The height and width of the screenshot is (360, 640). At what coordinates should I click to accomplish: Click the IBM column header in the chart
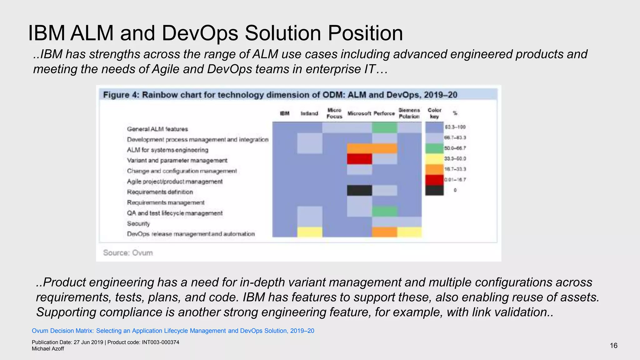click(284, 113)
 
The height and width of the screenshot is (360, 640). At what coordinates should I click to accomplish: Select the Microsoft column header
click(359, 113)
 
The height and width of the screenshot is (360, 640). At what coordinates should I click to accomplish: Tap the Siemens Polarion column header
click(409, 113)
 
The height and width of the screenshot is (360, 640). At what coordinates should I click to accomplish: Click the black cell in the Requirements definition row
click(359, 190)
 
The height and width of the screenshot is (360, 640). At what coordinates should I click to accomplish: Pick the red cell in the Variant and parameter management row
click(359, 159)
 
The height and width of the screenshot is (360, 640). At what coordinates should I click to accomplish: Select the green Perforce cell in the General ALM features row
click(384, 127)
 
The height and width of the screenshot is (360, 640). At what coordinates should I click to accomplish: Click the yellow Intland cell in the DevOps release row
click(309, 232)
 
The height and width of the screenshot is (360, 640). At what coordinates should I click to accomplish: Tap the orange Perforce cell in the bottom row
click(384, 232)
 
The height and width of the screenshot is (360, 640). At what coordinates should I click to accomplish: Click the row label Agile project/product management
click(175, 182)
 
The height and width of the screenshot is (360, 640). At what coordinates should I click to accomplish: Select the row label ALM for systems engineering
click(167, 150)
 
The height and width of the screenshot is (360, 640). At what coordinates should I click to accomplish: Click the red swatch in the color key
click(434, 180)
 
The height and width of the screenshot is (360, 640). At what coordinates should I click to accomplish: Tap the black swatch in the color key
click(434, 190)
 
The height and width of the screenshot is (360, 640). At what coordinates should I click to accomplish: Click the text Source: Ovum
click(128, 253)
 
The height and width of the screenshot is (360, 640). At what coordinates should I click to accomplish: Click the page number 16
click(613, 346)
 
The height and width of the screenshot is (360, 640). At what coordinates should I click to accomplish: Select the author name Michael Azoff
click(48, 349)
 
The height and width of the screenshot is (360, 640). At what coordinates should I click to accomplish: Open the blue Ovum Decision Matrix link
click(173, 331)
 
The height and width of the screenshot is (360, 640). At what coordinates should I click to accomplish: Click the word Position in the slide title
click(365, 33)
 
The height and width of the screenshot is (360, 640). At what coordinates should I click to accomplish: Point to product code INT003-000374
click(160, 342)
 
